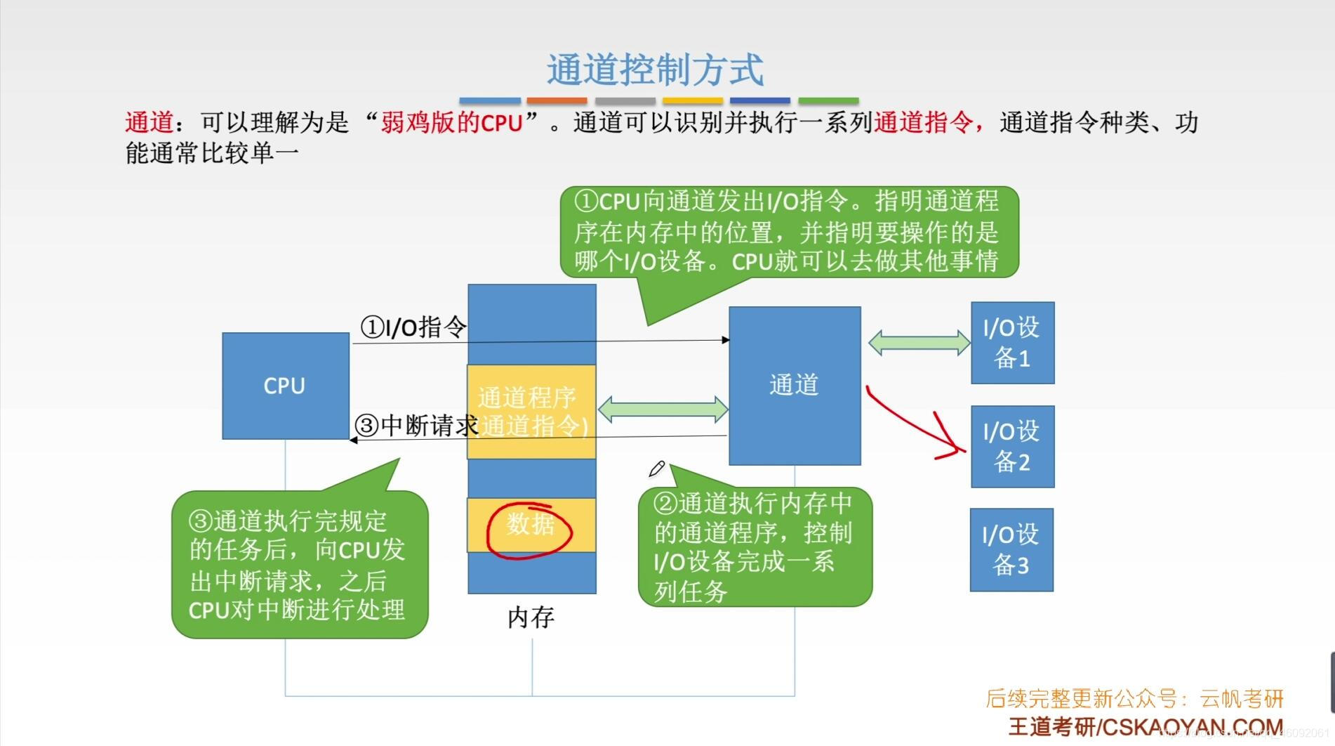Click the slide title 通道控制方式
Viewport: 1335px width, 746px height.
[x=655, y=70]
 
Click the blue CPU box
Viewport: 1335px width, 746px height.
[x=285, y=386]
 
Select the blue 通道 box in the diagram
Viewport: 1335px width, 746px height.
[x=795, y=385]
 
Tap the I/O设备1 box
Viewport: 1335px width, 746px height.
[x=1012, y=343]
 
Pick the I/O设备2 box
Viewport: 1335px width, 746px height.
[x=1012, y=447]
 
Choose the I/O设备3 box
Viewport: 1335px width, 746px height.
[x=1011, y=549]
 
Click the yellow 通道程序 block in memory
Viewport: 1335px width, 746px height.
[x=531, y=398]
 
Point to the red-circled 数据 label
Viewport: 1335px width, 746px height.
[x=531, y=524]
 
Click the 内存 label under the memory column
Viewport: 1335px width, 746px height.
[x=531, y=617]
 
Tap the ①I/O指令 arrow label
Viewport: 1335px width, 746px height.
[x=413, y=327]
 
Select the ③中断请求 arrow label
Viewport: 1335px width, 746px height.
[x=416, y=425]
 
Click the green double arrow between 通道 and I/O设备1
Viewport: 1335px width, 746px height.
[x=919, y=343]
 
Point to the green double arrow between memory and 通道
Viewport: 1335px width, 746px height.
[x=663, y=410]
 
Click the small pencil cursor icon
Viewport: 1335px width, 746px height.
[x=657, y=469]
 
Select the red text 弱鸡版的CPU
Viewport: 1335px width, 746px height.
[x=451, y=123]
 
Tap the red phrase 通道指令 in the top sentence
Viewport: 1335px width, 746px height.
[x=923, y=123]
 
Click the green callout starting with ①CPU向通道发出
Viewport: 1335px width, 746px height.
[x=789, y=232]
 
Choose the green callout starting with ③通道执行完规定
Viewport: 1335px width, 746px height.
[x=299, y=565]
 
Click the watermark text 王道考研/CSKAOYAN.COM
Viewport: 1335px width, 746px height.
[x=1145, y=727]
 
